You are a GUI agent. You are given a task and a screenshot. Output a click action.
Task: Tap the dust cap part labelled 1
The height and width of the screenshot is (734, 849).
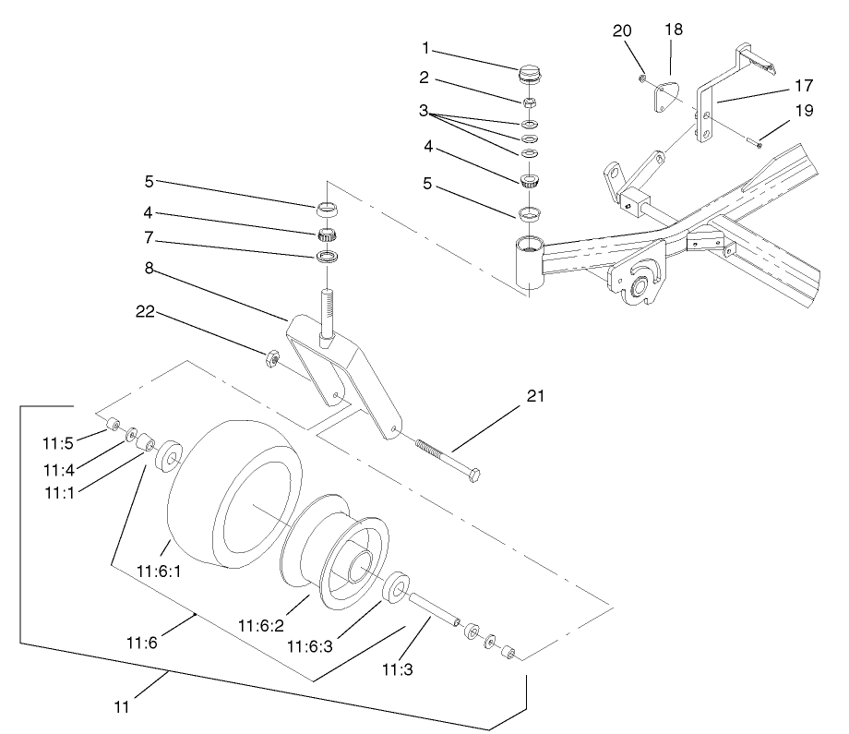pos(532,73)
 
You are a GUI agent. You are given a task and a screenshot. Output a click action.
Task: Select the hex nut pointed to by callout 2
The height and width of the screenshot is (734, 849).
pos(532,102)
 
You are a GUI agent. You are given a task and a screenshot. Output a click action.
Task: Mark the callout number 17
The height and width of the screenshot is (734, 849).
pos(802,85)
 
